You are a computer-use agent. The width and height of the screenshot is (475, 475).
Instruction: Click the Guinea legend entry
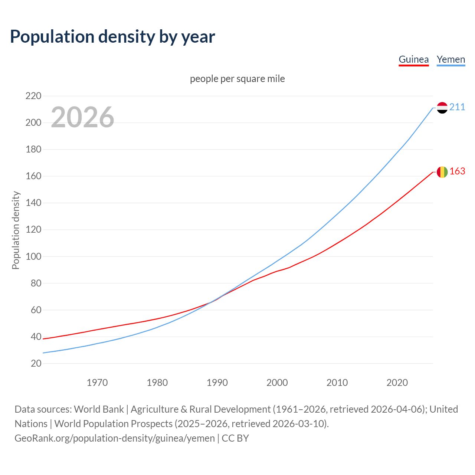pyautogui.click(x=413, y=59)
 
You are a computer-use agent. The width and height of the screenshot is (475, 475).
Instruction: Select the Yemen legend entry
pyautogui.click(x=451, y=59)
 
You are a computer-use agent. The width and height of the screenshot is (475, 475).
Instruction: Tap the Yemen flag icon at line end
pyautogui.click(x=442, y=108)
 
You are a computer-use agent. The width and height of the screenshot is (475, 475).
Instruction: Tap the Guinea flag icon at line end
pyautogui.click(x=442, y=172)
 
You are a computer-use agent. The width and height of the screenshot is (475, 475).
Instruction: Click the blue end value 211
pyautogui.click(x=457, y=107)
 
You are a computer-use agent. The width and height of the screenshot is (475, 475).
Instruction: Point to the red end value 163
pyautogui.click(x=457, y=171)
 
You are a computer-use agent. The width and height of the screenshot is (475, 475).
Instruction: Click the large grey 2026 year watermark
pyautogui.click(x=82, y=117)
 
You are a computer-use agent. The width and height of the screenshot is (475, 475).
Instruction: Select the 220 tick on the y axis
pyautogui.click(x=33, y=96)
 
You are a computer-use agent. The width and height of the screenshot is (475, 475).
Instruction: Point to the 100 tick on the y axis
pyautogui.click(x=33, y=256)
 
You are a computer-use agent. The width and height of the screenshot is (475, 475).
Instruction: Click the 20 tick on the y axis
pyautogui.click(x=36, y=363)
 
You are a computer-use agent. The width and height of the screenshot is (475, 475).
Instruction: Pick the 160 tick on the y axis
pyautogui.click(x=33, y=176)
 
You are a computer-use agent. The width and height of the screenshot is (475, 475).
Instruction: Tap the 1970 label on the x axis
pyautogui.click(x=97, y=383)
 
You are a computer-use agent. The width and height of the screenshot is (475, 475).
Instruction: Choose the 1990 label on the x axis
pyautogui.click(x=217, y=383)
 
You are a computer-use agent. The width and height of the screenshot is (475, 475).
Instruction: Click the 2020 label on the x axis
pyautogui.click(x=397, y=383)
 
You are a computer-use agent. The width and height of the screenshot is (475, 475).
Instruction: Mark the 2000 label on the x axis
pyautogui.click(x=277, y=383)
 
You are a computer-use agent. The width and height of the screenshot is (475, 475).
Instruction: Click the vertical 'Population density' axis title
pyautogui.click(x=16, y=230)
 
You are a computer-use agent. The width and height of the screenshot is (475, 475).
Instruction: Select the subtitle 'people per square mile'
pyautogui.click(x=237, y=79)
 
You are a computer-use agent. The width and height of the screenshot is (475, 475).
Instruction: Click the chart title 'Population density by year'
pyautogui.click(x=112, y=37)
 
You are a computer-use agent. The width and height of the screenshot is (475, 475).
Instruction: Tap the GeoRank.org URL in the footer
pyautogui.click(x=115, y=438)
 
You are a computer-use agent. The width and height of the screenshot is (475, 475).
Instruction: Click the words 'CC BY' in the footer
pyautogui.click(x=235, y=438)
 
